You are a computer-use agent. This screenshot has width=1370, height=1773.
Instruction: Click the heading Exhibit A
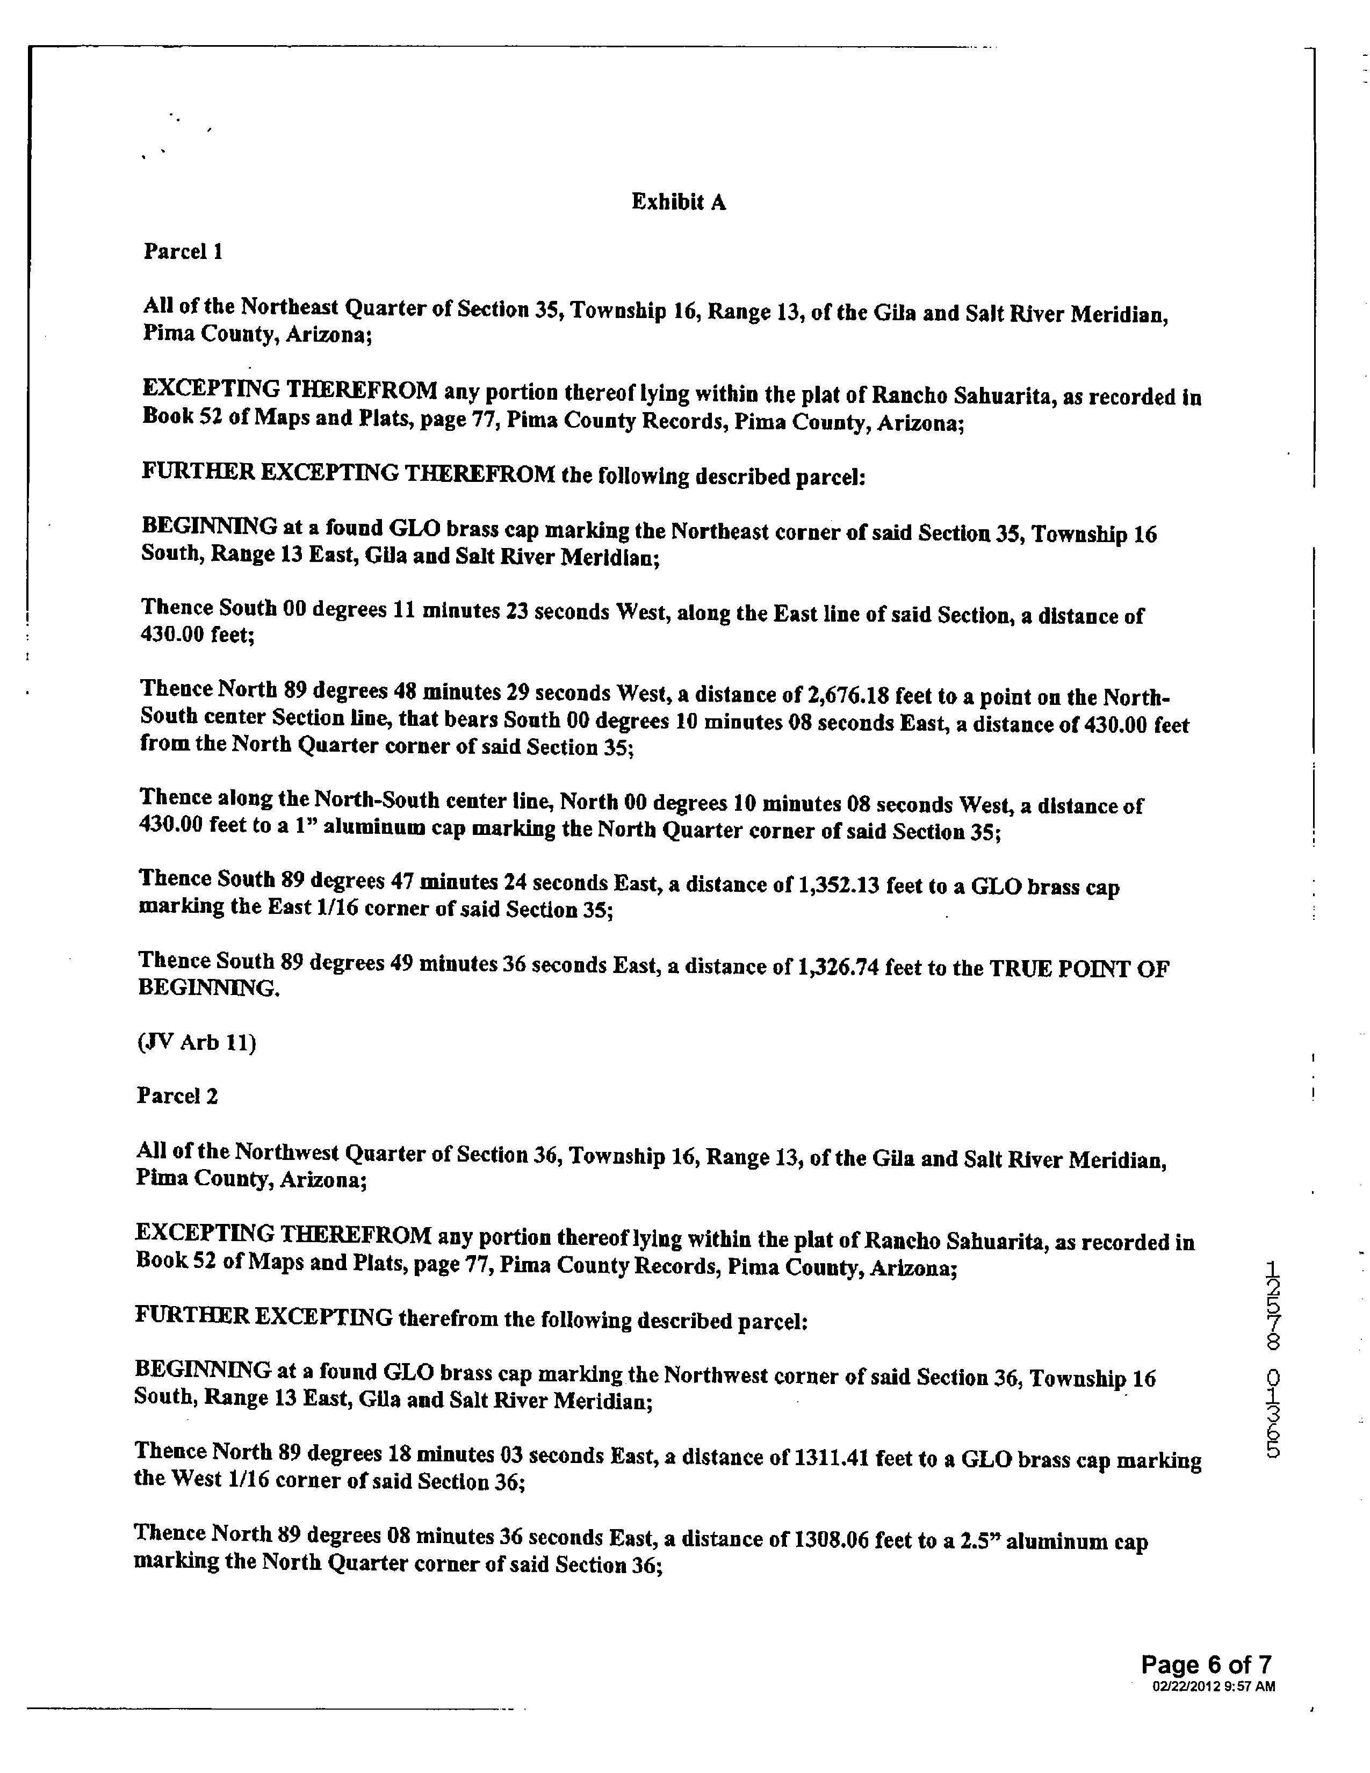pos(679,202)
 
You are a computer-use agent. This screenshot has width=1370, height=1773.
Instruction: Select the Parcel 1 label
pos(183,251)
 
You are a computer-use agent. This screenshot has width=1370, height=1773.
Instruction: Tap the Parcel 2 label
pos(177,1096)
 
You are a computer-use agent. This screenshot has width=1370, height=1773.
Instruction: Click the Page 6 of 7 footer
pos(1206,1665)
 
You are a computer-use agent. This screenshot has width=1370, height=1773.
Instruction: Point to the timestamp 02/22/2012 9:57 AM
pos(1213,1686)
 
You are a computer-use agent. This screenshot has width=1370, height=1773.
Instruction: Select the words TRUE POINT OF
pos(1079,969)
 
